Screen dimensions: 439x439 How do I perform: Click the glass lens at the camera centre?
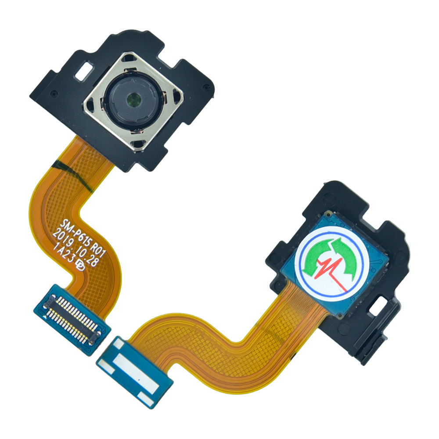(x=133, y=99)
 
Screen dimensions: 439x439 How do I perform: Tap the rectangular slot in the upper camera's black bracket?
(x=84, y=72)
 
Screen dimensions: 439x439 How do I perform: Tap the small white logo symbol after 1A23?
(x=80, y=266)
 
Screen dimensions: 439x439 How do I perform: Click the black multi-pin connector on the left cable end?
(x=72, y=313)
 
